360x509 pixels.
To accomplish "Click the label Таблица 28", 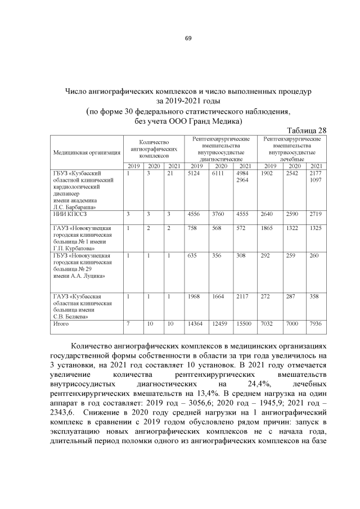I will [307, 130].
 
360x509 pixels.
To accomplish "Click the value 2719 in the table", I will [316, 214].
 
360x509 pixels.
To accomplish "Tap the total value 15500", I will [245, 324].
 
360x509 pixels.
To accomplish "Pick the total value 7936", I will [316, 324].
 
